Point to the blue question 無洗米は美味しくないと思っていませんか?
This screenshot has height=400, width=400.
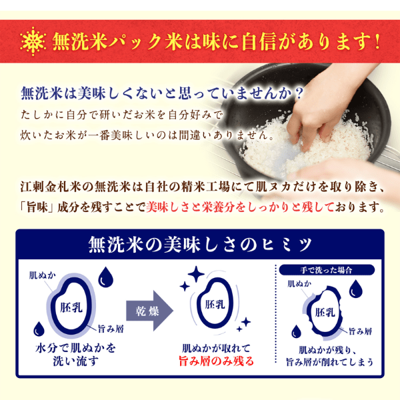[x=163, y=91]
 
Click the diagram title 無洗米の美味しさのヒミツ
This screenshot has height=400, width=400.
[x=200, y=245]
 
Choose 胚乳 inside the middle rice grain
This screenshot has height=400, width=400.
[x=215, y=305]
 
